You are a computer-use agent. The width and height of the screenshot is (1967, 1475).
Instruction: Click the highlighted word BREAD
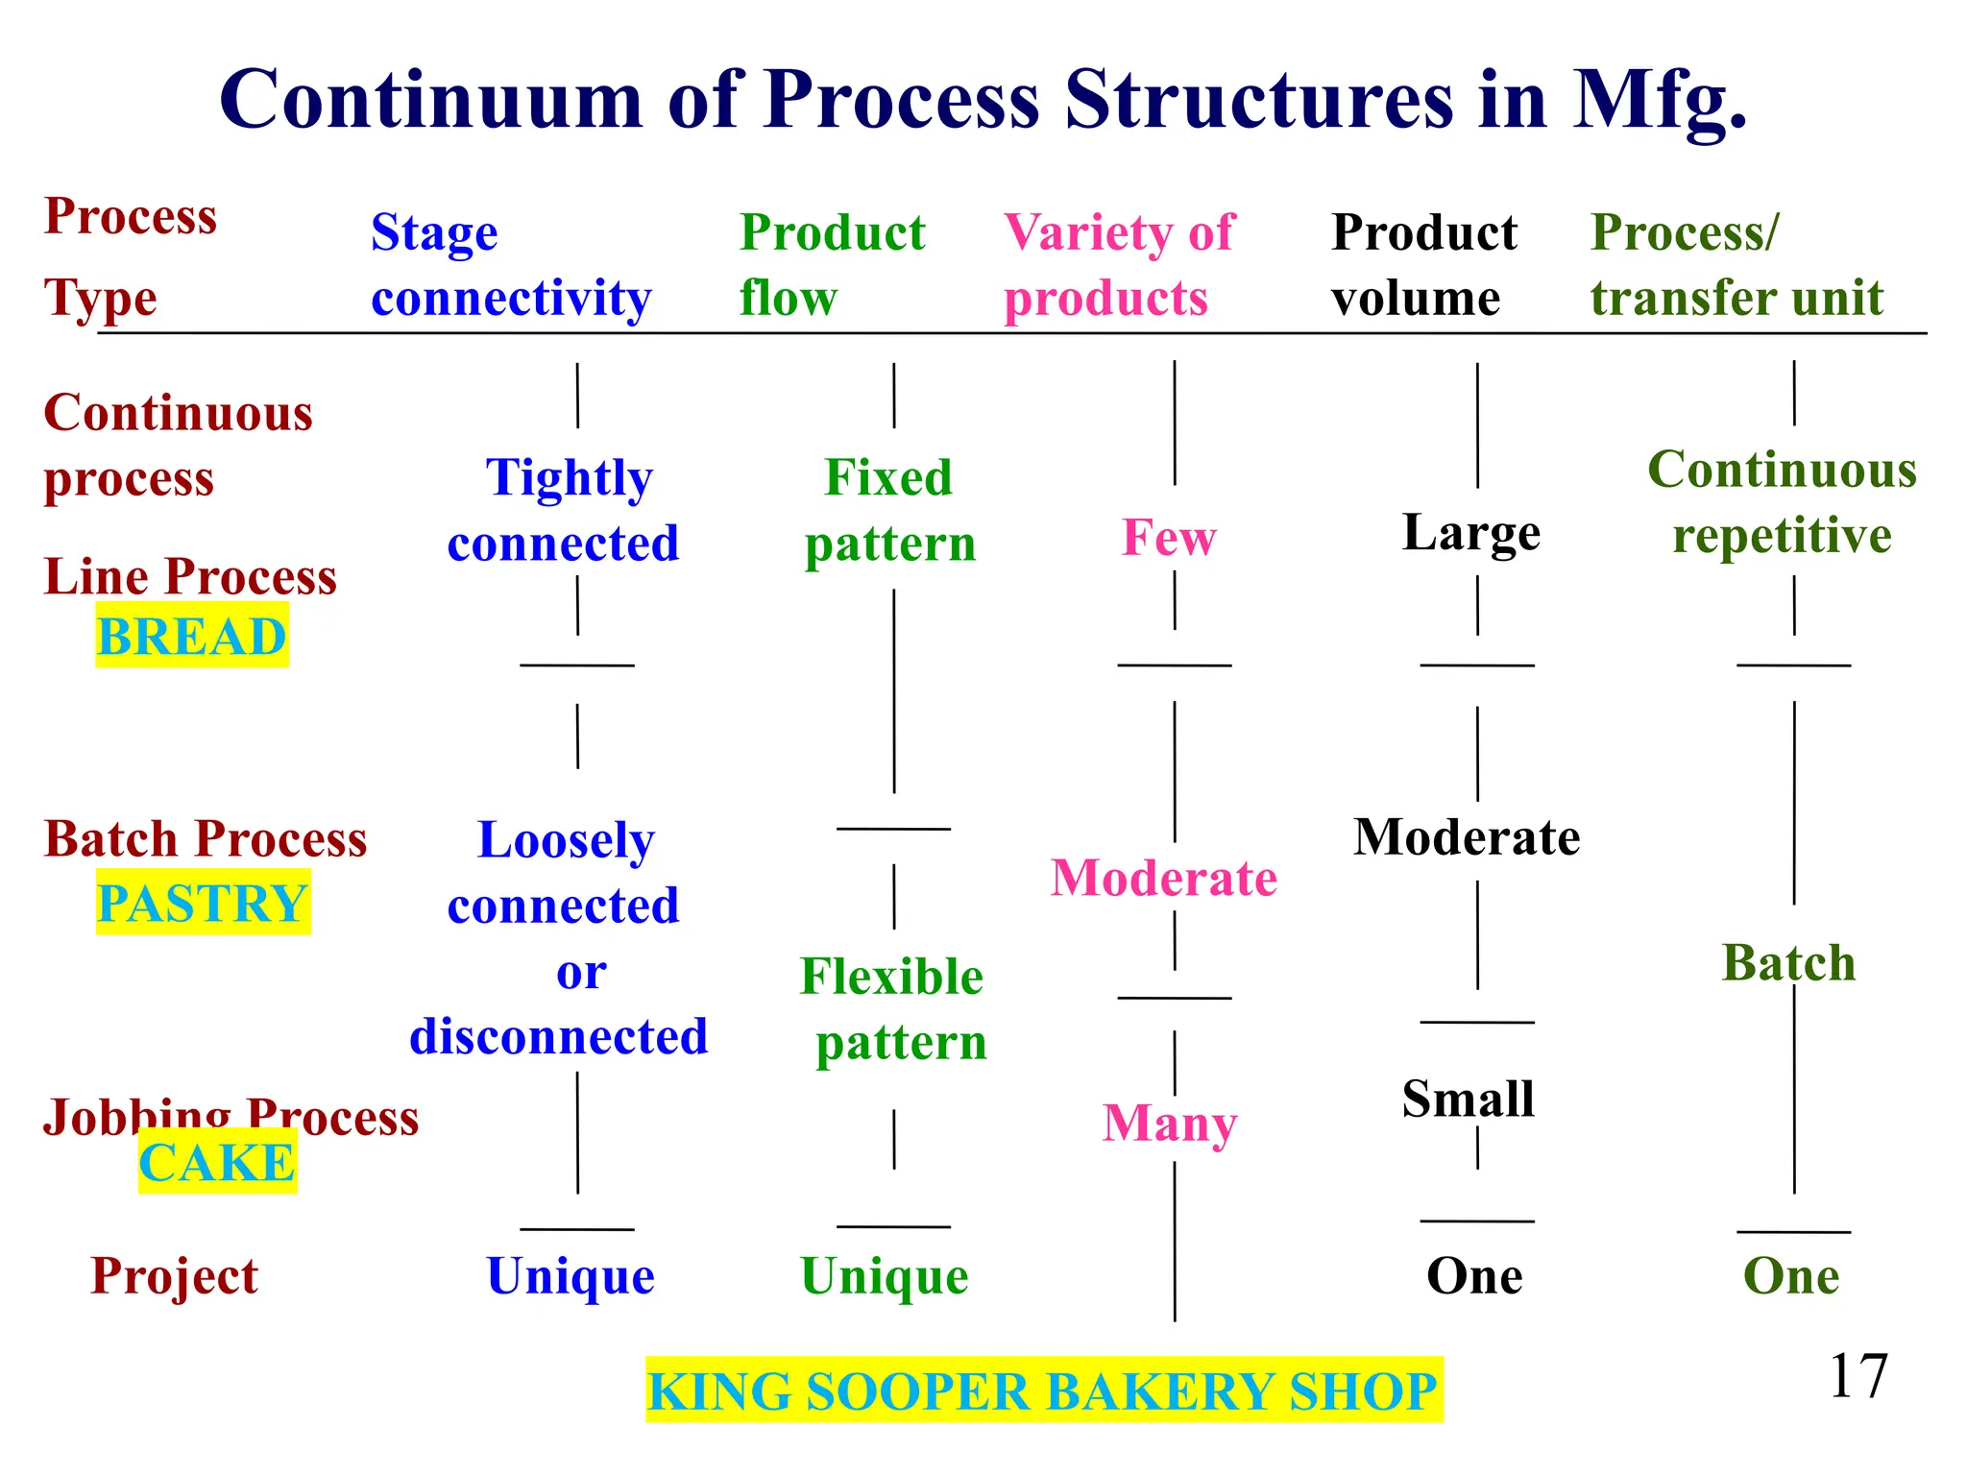192,637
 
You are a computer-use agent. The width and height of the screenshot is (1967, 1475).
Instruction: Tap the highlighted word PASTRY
203,903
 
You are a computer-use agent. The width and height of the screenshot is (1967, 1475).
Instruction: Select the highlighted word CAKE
217,1162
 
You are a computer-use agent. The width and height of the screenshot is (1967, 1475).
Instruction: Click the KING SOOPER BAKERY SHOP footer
1043,1390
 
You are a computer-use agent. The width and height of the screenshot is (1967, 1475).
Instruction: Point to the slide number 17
1858,1375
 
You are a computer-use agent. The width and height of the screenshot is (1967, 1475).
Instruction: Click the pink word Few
1169,537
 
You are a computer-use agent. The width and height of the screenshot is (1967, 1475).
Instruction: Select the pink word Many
1170,1123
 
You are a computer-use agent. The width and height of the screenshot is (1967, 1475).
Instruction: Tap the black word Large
1471,533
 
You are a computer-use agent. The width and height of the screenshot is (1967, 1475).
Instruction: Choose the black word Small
1469,1099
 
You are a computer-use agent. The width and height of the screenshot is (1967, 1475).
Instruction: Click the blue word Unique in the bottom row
571,1276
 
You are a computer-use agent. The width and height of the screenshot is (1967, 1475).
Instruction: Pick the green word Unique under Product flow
885,1276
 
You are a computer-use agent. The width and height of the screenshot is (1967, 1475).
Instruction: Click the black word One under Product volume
1474,1276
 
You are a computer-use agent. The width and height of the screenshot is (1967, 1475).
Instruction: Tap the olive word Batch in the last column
1788,962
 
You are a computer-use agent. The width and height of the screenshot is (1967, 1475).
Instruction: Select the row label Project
175,1276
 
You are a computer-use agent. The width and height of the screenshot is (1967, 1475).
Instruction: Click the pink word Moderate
1164,878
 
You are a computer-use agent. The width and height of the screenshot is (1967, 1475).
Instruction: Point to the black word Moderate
1467,837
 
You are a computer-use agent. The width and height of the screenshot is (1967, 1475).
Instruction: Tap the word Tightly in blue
570,478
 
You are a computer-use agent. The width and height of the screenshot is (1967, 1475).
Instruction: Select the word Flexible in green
892,977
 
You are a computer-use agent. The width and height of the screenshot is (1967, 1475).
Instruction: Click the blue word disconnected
559,1037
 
